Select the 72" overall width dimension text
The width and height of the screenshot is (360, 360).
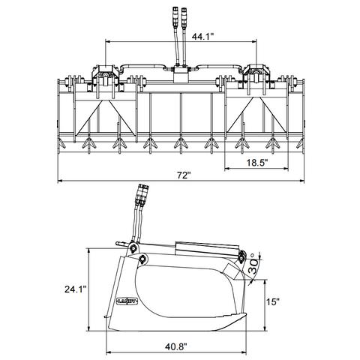184,175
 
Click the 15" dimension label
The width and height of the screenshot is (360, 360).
272,301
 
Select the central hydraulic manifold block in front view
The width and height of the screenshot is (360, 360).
180,75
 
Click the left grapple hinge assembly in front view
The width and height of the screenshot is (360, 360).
103,75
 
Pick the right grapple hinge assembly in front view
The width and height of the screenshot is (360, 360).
255,75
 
